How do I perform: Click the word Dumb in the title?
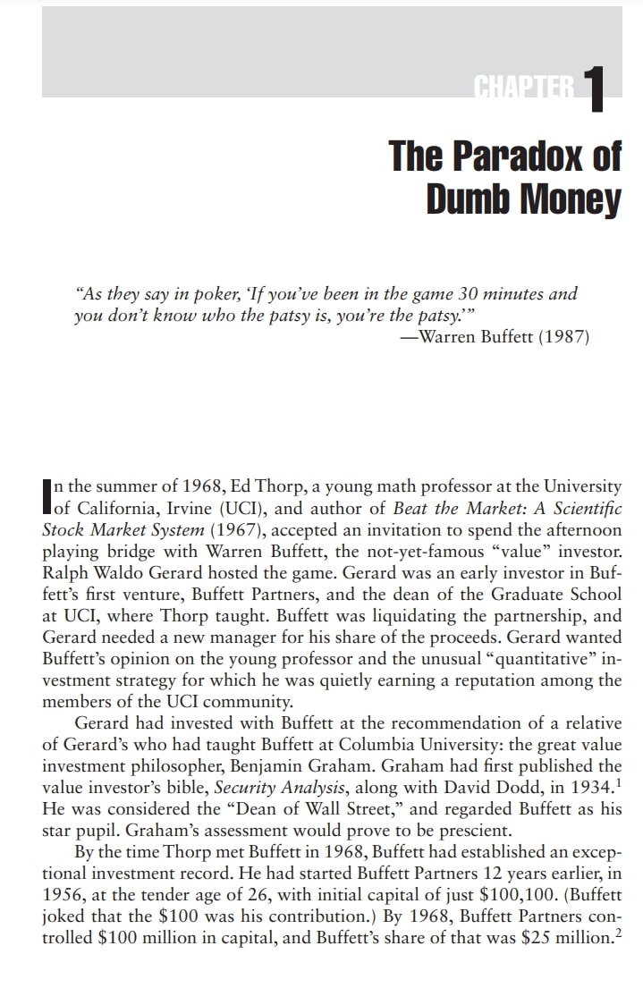coord(465,198)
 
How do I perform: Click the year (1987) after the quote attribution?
coord(562,337)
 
